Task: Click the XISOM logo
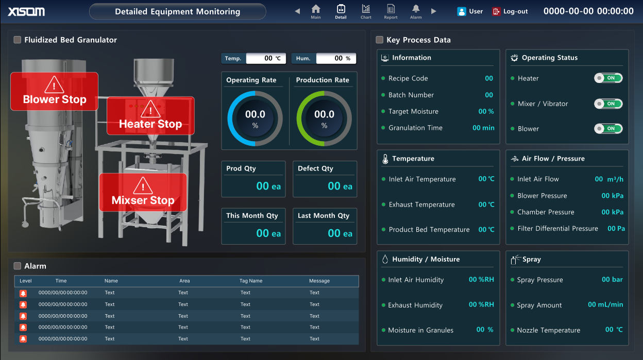click(26, 11)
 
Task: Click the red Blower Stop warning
click(54, 91)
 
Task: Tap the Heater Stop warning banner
click(150, 116)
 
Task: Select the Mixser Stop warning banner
click(143, 192)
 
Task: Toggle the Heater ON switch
click(608, 78)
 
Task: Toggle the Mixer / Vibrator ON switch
click(608, 104)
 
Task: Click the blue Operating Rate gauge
click(255, 118)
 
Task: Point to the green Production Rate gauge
click(324, 118)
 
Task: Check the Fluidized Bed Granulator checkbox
click(18, 40)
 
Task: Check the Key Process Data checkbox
click(380, 40)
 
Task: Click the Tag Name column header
click(251, 281)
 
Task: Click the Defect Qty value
click(340, 186)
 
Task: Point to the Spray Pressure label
click(539, 280)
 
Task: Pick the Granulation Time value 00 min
click(483, 128)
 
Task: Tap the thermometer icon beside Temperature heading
click(385, 159)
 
